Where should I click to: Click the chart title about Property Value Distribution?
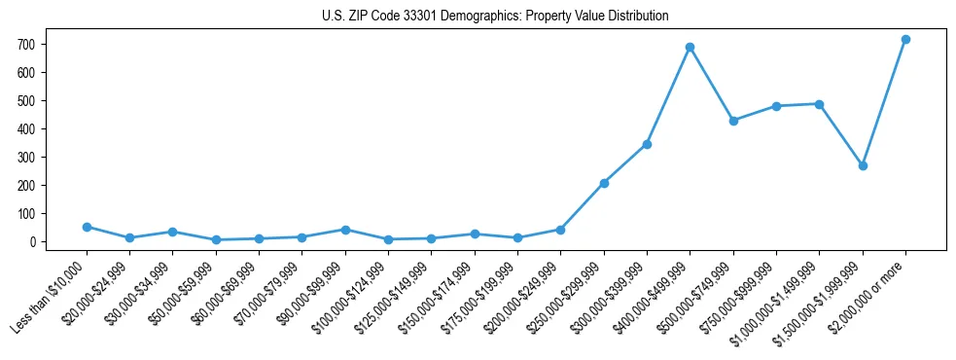click(x=495, y=16)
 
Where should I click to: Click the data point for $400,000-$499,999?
click(x=690, y=47)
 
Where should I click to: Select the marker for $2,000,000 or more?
click(x=905, y=39)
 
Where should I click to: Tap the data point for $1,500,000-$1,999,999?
click(x=863, y=165)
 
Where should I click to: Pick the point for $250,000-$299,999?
click(x=604, y=183)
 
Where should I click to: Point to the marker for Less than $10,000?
click(x=87, y=227)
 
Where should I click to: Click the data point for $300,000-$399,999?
click(x=647, y=144)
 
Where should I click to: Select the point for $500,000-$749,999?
click(x=733, y=121)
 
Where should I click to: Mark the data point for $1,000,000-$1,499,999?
click(x=819, y=104)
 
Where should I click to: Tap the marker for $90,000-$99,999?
click(x=345, y=230)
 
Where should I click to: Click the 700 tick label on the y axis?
click(x=26, y=45)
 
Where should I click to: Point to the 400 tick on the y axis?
click(x=26, y=129)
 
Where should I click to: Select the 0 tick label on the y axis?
click(x=33, y=242)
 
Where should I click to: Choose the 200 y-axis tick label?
click(x=26, y=186)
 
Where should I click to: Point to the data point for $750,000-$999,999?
click(x=776, y=106)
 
